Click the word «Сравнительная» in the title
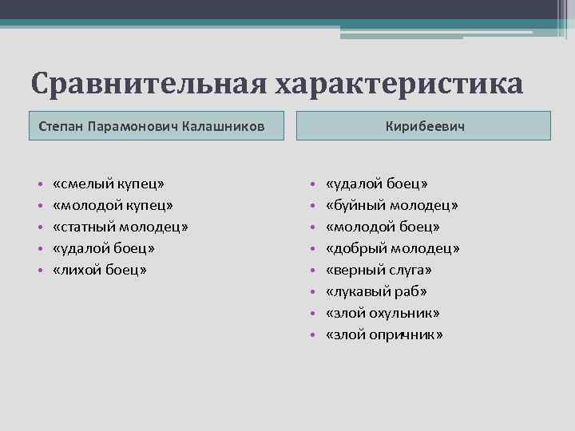(x=149, y=84)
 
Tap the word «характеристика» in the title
(x=399, y=84)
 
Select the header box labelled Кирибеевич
(x=424, y=126)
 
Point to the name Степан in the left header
(x=61, y=126)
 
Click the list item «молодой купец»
(x=113, y=206)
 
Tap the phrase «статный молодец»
(x=121, y=227)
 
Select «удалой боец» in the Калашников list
(x=104, y=249)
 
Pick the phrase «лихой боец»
(x=100, y=271)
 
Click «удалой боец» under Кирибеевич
(x=376, y=184)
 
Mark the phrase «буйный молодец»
(x=391, y=206)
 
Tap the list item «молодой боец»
(x=383, y=227)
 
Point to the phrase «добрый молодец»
(x=392, y=249)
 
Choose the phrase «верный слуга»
(x=379, y=271)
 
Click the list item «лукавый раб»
(x=376, y=292)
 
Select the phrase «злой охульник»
(x=383, y=314)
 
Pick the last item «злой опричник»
(x=384, y=335)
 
